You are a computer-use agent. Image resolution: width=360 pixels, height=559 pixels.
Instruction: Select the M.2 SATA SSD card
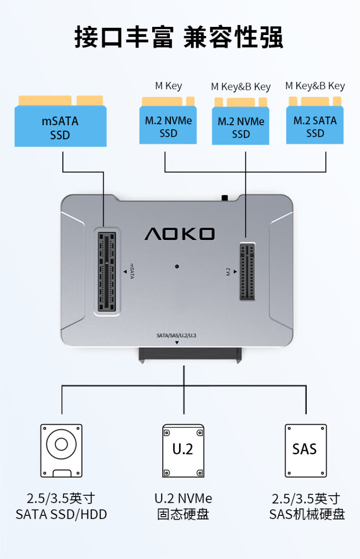pos(315,126)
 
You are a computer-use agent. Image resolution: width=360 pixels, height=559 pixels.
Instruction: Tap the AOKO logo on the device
pos(180,234)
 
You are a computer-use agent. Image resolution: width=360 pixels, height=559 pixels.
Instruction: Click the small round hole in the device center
pos(177,266)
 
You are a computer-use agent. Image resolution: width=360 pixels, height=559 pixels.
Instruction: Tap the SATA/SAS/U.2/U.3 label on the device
pos(176,335)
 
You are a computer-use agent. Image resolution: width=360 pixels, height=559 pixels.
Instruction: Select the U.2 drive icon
pos(183,450)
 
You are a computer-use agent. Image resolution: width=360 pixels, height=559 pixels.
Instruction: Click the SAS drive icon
pos(305,450)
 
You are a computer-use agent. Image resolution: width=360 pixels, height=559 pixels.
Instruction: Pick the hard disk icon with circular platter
pos(61,450)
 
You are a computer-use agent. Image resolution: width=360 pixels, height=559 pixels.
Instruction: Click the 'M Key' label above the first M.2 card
pos(168,86)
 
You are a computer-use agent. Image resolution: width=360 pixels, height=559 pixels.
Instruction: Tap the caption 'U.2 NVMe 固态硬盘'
pos(183,507)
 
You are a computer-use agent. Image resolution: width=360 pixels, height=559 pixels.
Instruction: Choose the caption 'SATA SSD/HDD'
pos(61,515)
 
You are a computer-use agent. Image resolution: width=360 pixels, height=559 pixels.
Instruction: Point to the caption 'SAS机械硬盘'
pos(307,515)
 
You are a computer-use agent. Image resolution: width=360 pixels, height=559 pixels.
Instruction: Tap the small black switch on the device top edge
pos(224,197)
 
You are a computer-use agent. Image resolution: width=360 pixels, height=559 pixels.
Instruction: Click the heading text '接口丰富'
pos(124,37)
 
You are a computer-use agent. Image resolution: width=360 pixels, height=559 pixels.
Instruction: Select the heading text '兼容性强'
pos(233,37)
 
